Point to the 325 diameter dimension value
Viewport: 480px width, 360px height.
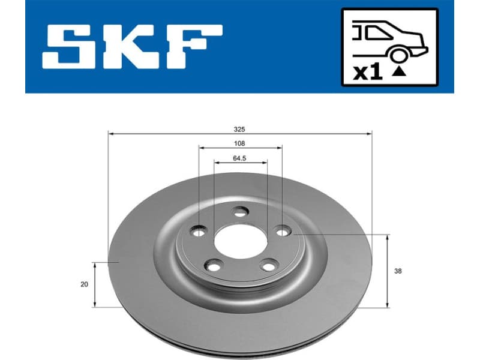(x=240, y=129)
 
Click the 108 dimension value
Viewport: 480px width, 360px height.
(x=240, y=144)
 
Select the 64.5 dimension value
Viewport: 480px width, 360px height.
(x=240, y=159)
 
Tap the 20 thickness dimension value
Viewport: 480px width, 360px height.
(x=84, y=284)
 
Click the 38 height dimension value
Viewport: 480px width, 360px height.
(x=398, y=271)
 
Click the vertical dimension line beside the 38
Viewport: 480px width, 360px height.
(x=388, y=271)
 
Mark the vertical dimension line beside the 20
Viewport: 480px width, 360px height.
(x=95, y=284)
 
